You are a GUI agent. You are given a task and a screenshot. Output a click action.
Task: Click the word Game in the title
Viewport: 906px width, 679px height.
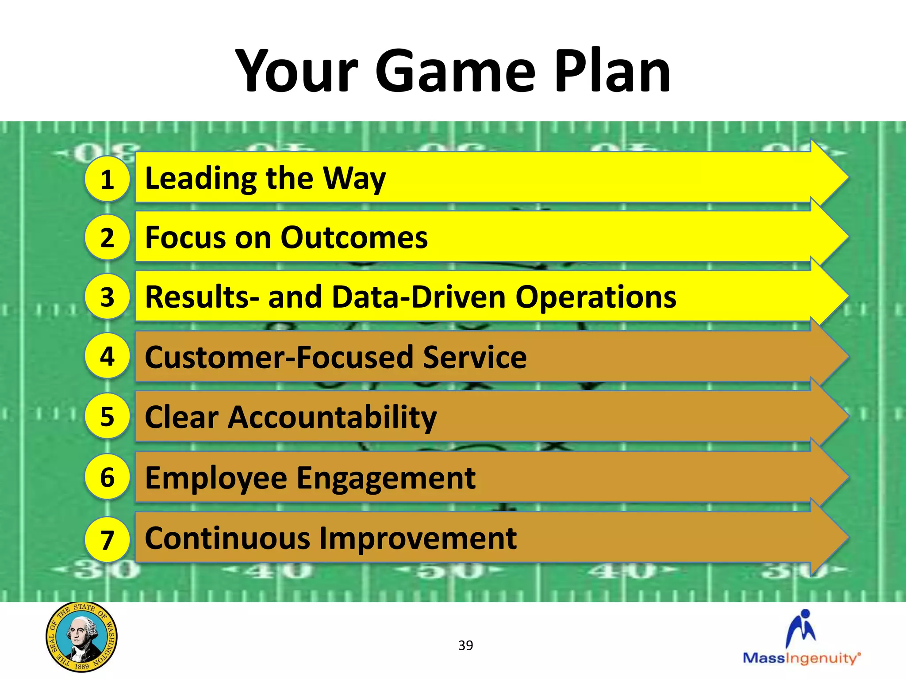[456, 72]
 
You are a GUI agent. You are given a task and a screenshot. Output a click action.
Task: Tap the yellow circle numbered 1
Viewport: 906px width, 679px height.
[107, 179]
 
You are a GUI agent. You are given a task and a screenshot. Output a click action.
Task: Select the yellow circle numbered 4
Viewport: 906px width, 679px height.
[107, 356]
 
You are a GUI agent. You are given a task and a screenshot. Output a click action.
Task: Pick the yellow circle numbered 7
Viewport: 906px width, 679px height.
[107, 540]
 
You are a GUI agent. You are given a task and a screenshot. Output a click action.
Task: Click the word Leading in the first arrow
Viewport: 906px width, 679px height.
[201, 178]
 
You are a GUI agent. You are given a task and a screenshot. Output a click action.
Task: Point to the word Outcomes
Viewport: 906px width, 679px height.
[354, 238]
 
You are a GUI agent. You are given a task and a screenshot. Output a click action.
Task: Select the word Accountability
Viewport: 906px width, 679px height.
[332, 418]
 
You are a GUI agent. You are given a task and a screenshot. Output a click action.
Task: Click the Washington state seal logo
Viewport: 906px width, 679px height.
[81, 637]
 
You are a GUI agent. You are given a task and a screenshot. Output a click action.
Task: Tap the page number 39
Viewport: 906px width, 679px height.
[465, 645]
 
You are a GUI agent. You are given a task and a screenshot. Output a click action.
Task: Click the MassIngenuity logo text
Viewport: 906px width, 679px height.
[801, 658]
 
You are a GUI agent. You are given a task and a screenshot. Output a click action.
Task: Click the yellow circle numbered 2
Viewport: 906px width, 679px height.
[107, 237]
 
